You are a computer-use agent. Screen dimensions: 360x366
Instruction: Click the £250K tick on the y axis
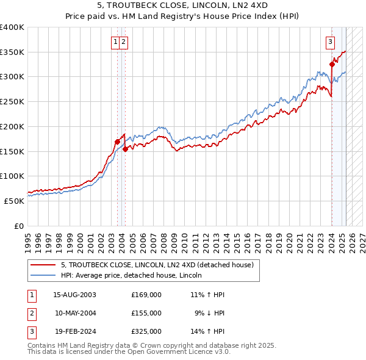tap(12, 102)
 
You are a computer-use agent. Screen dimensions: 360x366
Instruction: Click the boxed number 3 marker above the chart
tap(330, 42)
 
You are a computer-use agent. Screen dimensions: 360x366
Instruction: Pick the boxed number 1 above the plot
tap(115, 42)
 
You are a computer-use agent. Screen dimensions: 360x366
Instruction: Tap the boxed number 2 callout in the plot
tap(123, 42)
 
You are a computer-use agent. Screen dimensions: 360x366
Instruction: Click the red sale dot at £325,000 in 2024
tap(332, 64)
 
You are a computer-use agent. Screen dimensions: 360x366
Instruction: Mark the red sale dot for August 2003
tap(117, 142)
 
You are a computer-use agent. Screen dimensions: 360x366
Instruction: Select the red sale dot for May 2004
tap(125, 148)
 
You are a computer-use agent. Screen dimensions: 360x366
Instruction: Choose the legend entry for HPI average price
tap(131, 276)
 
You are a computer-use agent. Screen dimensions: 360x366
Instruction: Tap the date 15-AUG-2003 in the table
tap(74, 295)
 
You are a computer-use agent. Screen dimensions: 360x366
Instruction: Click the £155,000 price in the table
tap(146, 313)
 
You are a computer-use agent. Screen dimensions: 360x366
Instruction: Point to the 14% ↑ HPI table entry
tap(208, 331)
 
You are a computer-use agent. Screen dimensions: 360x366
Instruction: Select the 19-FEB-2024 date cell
tap(74, 331)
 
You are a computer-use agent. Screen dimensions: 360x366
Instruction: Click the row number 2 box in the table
tap(31, 313)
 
